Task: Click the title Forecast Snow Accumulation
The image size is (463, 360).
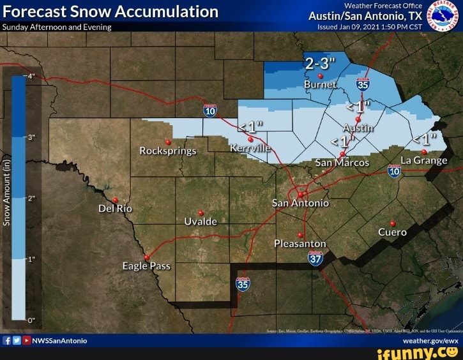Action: (110, 11)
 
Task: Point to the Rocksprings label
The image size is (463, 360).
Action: (168, 151)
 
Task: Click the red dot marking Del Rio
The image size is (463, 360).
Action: (115, 200)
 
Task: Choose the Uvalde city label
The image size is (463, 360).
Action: (201, 221)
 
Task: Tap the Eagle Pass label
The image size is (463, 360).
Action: (146, 266)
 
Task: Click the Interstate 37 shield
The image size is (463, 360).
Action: (315, 258)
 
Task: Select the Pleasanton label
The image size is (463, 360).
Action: (300, 244)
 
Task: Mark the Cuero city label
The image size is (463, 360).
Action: (392, 232)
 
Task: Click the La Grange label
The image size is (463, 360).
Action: (423, 160)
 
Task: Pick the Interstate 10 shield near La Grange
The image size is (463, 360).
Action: (394, 170)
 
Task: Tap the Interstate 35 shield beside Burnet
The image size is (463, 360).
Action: (363, 84)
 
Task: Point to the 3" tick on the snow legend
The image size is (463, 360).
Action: (31, 137)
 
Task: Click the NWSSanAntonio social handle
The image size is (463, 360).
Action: (61, 341)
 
